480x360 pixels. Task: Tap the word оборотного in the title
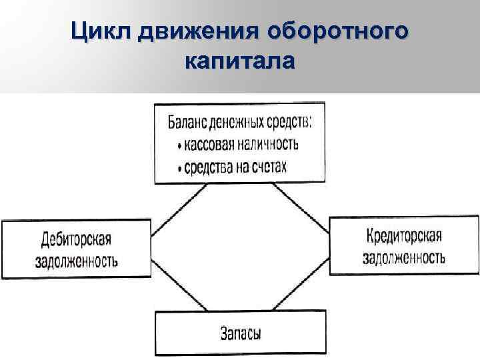click(x=337, y=31)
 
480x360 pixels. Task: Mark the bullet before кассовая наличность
click(x=180, y=146)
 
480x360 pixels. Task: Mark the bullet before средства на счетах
click(x=180, y=167)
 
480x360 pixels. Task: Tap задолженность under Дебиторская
click(x=76, y=260)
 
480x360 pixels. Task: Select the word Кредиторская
click(x=405, y=237)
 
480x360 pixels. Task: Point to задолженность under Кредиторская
click(x=405, y=258)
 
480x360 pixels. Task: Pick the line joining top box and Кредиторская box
click(x=301, y=207)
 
